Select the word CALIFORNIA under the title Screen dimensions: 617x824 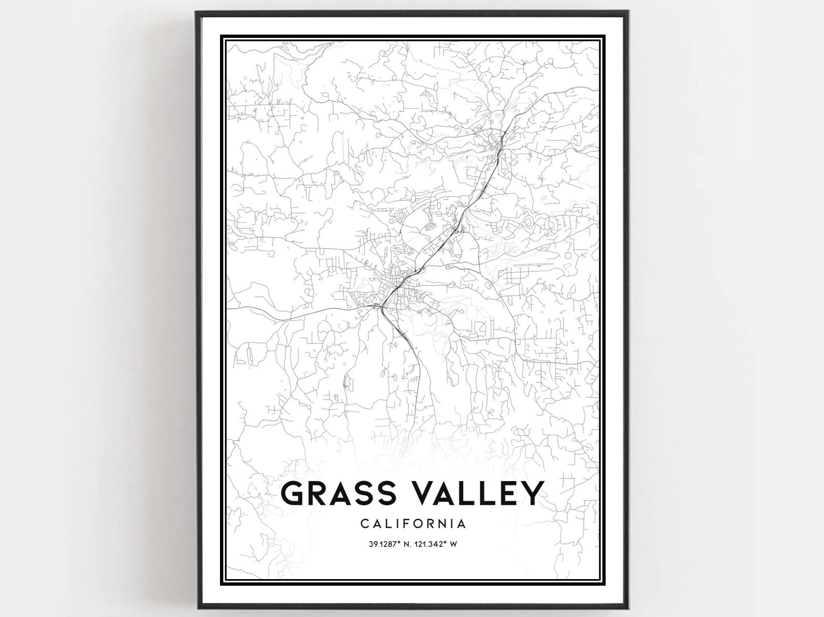pyautogui.click(x=413, y=524)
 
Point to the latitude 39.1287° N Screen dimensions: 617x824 pyautogui.click(x=383, y=544)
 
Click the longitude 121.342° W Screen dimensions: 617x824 pyautogui.click(x=438, y=544)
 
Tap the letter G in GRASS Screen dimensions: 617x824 pyautogui.click(x=293, y=493)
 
